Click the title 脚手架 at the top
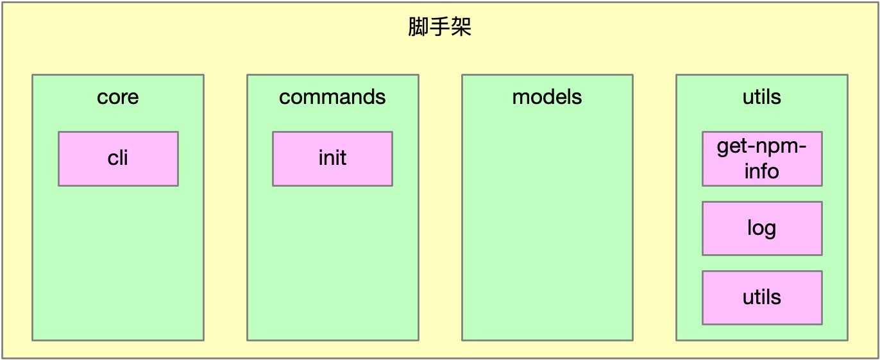point(439,27)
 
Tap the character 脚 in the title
point(418,27)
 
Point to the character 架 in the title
point(461,27)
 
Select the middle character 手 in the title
point(439,27)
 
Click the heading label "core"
point(118,97)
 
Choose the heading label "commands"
point(332,97)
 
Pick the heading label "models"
point(547,97)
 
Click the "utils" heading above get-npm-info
point(762,97)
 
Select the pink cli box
point(118,159)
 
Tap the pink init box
point(332,159)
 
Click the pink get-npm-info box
point(762,159)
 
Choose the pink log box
point(762,228)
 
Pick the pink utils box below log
point(762,298)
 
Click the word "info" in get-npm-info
point(762,171)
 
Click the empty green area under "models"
point(547,224)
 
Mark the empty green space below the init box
point(332,262)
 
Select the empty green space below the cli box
point(118,262)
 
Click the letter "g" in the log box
point(771,230)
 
